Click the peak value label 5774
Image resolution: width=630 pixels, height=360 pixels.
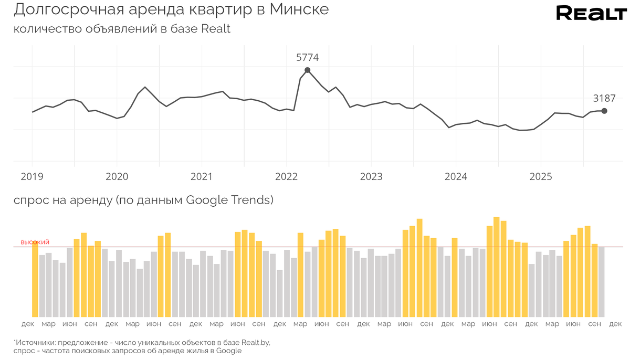click(307, 58)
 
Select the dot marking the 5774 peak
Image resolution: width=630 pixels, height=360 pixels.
click(307, 70)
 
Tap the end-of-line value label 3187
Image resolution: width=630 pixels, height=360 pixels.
click(604, 98)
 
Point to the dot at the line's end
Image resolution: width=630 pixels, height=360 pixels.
click(604, 111)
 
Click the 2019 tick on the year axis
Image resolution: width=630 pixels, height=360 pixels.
click(32, 177)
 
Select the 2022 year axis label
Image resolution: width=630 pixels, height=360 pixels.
click(286, 177)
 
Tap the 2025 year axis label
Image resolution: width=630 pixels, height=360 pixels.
click(541, 177)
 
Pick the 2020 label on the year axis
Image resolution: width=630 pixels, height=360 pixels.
click(117, 177)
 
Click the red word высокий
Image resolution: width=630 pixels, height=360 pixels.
click(35, 242)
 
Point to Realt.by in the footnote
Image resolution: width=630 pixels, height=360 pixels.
click(254, 342)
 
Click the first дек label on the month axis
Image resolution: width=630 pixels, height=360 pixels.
click(28, 324)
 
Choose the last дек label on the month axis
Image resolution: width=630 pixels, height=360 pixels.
click(615, 324)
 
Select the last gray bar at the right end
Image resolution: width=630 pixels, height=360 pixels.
click(602, 282)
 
